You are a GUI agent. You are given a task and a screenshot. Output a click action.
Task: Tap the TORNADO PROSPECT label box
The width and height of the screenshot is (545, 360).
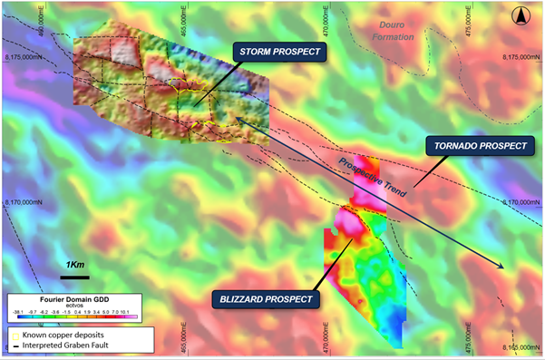click(480, 145)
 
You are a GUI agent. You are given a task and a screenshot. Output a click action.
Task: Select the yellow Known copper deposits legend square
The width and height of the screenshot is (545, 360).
click(14, 336)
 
